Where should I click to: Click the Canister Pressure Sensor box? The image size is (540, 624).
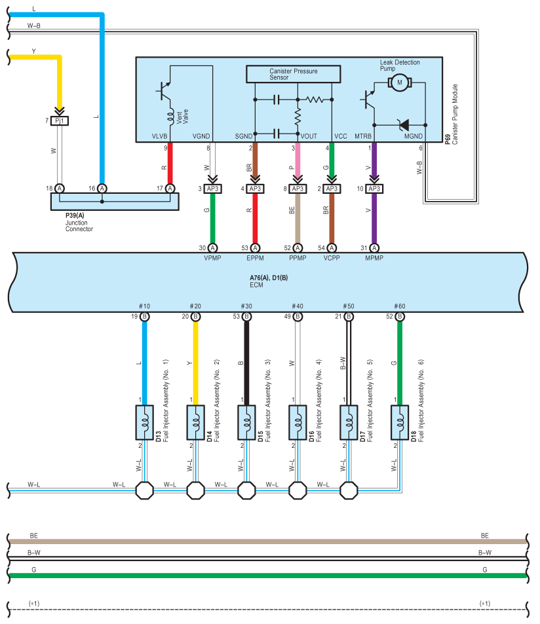coord(293,74)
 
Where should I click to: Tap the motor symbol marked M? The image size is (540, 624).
coord(399,83)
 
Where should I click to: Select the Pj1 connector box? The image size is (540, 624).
coord(60,120)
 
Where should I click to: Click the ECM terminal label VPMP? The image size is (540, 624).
coord(212,258)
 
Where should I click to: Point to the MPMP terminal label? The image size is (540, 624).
coord(374,258)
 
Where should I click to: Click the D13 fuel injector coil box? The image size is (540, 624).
coord(145,422)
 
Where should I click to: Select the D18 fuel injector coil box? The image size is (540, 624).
coord(400,422)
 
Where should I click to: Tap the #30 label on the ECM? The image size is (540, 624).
coord(246,306)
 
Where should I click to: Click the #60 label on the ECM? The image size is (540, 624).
coord(399,306)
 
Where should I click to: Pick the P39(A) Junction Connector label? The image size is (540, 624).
coord(79,222)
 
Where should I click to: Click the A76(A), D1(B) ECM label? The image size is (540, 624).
coord(269,281)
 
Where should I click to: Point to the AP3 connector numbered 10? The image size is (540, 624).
coord(374,189)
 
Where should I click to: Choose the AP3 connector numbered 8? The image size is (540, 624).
coord(298,189)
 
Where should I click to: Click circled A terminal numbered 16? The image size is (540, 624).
coord(102,188)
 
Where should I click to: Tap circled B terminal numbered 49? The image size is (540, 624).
coord(298,316)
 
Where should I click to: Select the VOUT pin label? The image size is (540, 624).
coord(309,136)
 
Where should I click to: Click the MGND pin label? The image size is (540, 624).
coord(413,136)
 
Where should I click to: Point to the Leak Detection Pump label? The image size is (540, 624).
coord(399,65)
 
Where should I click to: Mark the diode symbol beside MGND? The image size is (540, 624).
coord(404,125)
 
